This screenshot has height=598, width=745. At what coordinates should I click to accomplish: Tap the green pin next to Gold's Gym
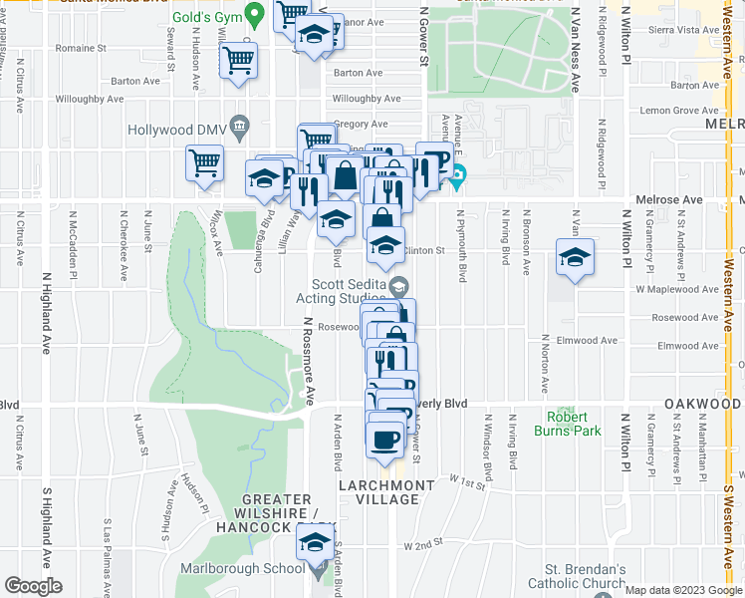coord(255,15)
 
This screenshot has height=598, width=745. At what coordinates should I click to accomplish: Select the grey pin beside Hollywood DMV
coord(238,126)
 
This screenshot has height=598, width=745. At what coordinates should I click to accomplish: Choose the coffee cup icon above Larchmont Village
coord(384,440)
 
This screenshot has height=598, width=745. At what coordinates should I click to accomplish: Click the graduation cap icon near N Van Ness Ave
coord(575,258)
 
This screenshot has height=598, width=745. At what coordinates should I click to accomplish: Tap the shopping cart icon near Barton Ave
coord(238,62)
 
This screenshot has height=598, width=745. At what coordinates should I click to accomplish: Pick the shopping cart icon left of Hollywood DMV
coord(205,161)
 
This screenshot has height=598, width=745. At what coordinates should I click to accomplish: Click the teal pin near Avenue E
coord(457,179)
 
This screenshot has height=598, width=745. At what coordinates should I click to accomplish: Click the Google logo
coord(34,586)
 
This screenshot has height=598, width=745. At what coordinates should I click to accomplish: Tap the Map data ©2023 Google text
coord(682,590)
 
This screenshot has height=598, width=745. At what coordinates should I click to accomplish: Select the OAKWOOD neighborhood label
coord(702,404)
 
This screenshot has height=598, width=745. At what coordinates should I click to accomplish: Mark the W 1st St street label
coord(466,482)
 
